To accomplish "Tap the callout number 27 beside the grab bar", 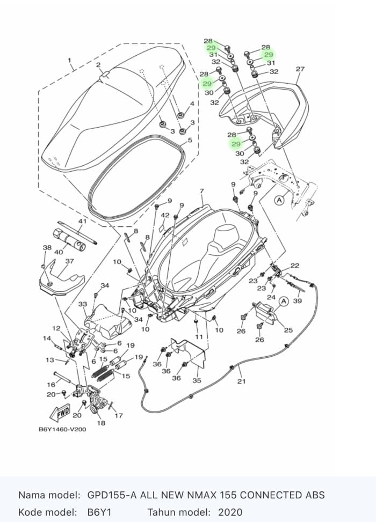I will point(300,69).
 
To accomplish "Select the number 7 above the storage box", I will point(201,192).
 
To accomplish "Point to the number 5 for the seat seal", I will point(189,141).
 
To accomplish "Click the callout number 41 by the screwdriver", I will point(82,221).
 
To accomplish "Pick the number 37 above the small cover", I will point(69,261).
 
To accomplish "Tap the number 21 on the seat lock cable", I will point(241,381).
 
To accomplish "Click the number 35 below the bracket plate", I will point(197,381).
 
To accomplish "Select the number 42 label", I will point(165,215).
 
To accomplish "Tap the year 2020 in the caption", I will point(230,512).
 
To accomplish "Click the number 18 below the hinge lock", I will point(101,423).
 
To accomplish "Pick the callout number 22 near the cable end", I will point(295,266).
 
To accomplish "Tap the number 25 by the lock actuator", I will point(288,330).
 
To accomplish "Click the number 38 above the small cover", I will point(47,248).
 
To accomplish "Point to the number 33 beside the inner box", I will point(83,304).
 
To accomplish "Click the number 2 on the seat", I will point(98,65).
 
